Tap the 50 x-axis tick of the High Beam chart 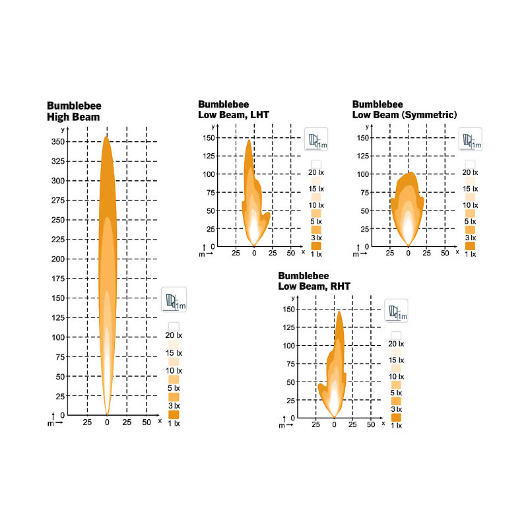click(x=147, y=422)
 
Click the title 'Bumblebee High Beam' click(x=73, y=112)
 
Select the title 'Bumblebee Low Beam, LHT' click(x=234, y=109)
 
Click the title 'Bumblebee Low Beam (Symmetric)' click(x=405, y=109)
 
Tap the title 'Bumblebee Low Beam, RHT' click(x=314, y=280)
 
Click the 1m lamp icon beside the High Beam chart click(x=174, y=300)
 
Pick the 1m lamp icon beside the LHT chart click(x=315, y=140)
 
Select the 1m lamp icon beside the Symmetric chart click(x=471, y=140)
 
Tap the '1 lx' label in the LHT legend click(x=317, y=254)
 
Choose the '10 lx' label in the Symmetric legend click(x=471, y=205)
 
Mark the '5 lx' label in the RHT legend click(x=396, y=393)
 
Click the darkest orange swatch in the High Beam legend click(x=174, y=414)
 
